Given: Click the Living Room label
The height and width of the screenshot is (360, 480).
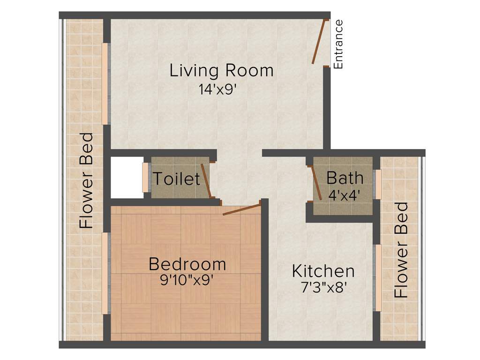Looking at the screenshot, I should click(221, 71).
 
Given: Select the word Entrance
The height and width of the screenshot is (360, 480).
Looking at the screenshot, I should click(338, 45).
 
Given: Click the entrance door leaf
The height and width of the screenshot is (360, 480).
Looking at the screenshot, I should click(319, 41).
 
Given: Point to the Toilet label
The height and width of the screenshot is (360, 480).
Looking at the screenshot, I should click(177, 179).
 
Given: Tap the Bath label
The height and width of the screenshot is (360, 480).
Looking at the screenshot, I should click(345, 178).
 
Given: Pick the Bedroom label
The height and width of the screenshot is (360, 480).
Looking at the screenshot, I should click(187, 264).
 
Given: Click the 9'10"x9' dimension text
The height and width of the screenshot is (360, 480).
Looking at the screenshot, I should click(187, 281).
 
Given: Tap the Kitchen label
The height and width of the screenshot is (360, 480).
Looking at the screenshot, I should click(323, 271).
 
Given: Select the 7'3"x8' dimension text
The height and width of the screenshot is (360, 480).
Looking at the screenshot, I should click(323, 287).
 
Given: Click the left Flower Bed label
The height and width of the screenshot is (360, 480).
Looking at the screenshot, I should click(87, 181).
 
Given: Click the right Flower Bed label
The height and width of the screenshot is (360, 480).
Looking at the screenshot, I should click(402, 250).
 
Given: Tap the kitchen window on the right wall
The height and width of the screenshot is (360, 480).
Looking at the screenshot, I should click(377, 277).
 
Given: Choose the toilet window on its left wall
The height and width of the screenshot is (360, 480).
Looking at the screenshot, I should click(145, 177).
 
